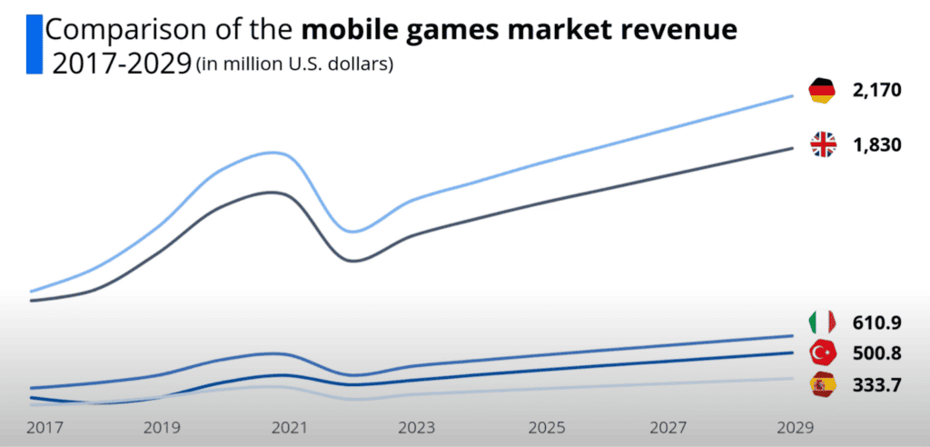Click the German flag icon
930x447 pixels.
point(822,90)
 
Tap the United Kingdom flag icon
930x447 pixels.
point(823,144)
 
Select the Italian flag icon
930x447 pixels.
point(822,323)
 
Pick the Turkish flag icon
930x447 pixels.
point(822,353)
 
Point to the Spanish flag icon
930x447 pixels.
point(822,385)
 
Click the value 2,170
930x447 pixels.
point(876,90)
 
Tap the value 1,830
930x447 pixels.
point(876,144)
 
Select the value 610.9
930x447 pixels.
point(876,323)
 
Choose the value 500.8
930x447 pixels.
point(876,353)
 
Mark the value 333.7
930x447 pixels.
point(876,385)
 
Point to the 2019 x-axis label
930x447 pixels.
point(161,426)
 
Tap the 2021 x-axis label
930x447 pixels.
point(289,426)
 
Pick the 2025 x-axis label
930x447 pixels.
point(547,426)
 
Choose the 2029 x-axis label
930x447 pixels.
point(796,426)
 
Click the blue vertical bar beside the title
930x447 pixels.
point(35,44)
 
